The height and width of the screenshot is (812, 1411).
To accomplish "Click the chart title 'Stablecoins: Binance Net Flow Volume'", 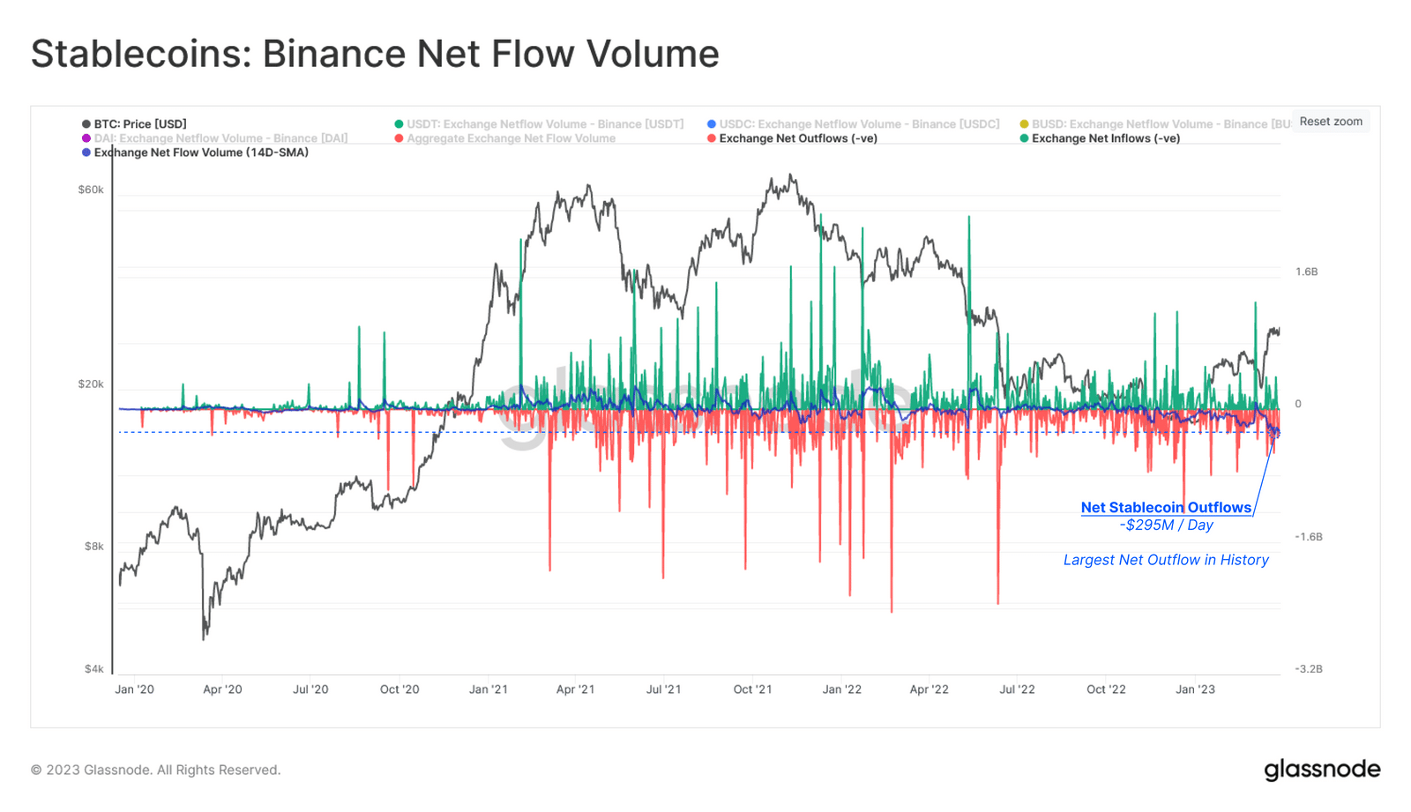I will click(x=375, y=54).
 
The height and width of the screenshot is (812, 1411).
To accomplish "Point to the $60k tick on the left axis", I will click(x=91, y=190).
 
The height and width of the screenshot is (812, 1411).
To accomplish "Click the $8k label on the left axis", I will click(x=93, y=547).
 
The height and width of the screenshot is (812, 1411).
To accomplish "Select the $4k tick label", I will click(x=93, y=669).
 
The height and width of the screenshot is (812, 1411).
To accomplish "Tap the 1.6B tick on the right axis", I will click(x=1306, y=272).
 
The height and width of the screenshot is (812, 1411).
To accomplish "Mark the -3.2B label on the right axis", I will click(x=1308, y=669).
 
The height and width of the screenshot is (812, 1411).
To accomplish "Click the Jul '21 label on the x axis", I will click(x=663, y=689).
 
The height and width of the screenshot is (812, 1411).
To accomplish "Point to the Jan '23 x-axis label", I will click(x=1195, y=689).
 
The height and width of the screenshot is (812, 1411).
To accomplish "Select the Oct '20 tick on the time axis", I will click(x=399, y=689).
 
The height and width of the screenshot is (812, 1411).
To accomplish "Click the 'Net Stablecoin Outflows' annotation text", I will click(x=1166, y=508).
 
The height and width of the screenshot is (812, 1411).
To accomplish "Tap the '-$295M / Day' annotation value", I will click(x=1166, y=525).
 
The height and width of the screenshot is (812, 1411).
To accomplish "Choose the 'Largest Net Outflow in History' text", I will click(x=1166, y=560).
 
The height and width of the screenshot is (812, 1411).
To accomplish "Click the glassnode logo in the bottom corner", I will click(x=1322, y=770).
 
